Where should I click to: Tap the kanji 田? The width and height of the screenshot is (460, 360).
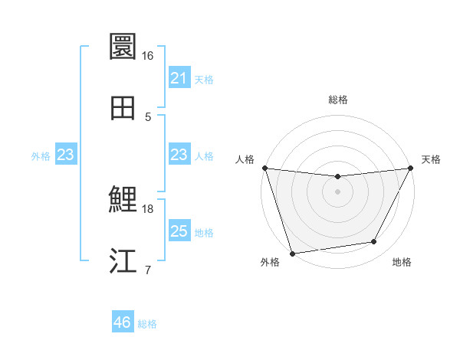tap(123, 108)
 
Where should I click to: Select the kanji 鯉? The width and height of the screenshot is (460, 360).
tap(123, 201)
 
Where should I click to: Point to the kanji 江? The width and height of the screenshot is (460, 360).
tap(123, 261)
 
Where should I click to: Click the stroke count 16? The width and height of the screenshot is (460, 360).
tap(148, 56)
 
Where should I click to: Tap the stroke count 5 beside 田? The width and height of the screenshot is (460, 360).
tap(148, 116)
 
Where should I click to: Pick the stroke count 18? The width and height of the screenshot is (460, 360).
tap(148, 208)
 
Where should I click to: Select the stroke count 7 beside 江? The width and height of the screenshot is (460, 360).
tap(148, 270)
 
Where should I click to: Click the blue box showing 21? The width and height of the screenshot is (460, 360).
tap(179, 78)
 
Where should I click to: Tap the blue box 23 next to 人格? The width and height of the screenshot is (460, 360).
tap(179, 155)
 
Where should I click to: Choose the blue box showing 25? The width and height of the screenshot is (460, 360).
tap(179, 231)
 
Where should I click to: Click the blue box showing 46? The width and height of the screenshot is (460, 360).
tap(122, 322)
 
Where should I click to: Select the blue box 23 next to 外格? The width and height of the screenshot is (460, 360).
tap(65, 155)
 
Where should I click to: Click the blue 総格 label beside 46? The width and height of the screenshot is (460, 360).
tap(147, 324)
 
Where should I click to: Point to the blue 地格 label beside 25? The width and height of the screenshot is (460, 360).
tap(204, 233)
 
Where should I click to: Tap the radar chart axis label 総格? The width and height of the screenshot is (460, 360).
tap(338, 100)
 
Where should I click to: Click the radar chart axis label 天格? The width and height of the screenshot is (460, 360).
tap(432, 159)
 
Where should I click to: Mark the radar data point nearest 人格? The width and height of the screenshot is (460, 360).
tap(265, 168)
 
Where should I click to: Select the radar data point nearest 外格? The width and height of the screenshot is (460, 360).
tap(293, 253)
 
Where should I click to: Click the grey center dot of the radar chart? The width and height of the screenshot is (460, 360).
tap(338, 191)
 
